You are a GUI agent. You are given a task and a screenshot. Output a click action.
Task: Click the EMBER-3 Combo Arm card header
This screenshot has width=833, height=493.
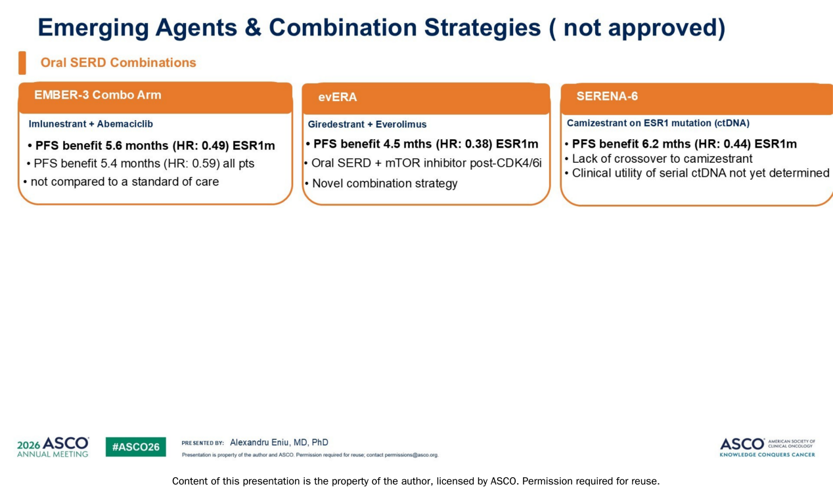pos(155,98)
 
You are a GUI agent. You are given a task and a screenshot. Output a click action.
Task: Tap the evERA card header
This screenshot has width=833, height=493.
pos(426,99)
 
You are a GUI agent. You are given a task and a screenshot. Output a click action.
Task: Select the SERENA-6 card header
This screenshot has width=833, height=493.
pos(696,99)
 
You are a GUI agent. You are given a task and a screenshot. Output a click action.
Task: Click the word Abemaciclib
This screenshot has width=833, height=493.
pos(125,123)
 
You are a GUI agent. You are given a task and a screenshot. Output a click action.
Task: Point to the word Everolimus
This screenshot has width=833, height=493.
pos(401,124)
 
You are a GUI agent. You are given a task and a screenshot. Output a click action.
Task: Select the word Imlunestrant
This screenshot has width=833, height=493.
pos(57,123)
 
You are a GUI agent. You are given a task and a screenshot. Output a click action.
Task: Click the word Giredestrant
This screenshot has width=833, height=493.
pos(336,124)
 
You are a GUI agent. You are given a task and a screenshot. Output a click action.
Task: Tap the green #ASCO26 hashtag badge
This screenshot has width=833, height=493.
pos(136,447)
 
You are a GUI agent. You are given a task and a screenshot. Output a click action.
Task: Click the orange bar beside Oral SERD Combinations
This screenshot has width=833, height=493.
pos(22,63)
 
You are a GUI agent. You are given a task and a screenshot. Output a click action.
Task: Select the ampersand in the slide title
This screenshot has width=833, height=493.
pos(253,28)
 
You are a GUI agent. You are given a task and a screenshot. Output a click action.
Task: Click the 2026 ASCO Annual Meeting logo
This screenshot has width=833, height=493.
pos(53,447)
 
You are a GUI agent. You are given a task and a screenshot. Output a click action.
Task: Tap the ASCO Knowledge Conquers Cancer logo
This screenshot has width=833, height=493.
pos(767,447)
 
